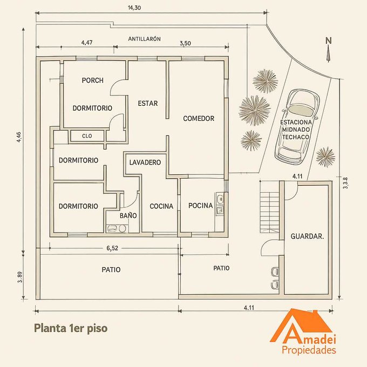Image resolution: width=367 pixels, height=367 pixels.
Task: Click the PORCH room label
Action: [93, 80]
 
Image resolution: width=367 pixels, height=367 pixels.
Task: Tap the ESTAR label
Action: [148, 103]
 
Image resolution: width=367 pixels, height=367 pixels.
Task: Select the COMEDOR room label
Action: [199, 118]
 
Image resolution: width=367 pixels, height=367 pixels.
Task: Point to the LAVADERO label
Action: [145, 162]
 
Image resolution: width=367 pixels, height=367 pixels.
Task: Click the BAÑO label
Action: [128, 215]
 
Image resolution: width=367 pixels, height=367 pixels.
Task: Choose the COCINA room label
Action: [161, 206]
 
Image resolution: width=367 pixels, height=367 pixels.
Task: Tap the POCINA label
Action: [201, 206]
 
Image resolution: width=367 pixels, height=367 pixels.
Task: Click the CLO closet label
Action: [87, 136]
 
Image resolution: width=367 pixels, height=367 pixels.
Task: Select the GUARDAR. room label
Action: [307, 236]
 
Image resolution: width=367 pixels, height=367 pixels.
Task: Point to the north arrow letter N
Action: [329, 40]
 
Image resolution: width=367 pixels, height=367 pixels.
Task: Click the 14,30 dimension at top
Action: [134, 8]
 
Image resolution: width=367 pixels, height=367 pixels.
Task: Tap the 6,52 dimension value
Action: [112, 248]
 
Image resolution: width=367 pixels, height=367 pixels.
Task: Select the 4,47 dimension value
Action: [87, 43]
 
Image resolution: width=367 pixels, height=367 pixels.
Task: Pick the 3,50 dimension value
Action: [185, 43]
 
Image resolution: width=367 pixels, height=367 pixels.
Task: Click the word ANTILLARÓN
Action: [145, 39]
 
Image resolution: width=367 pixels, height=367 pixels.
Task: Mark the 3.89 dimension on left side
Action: [20, 277]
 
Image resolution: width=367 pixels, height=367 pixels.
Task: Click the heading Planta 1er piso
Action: [71, 328]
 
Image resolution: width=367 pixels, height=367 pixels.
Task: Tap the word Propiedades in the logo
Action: [309, 350]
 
